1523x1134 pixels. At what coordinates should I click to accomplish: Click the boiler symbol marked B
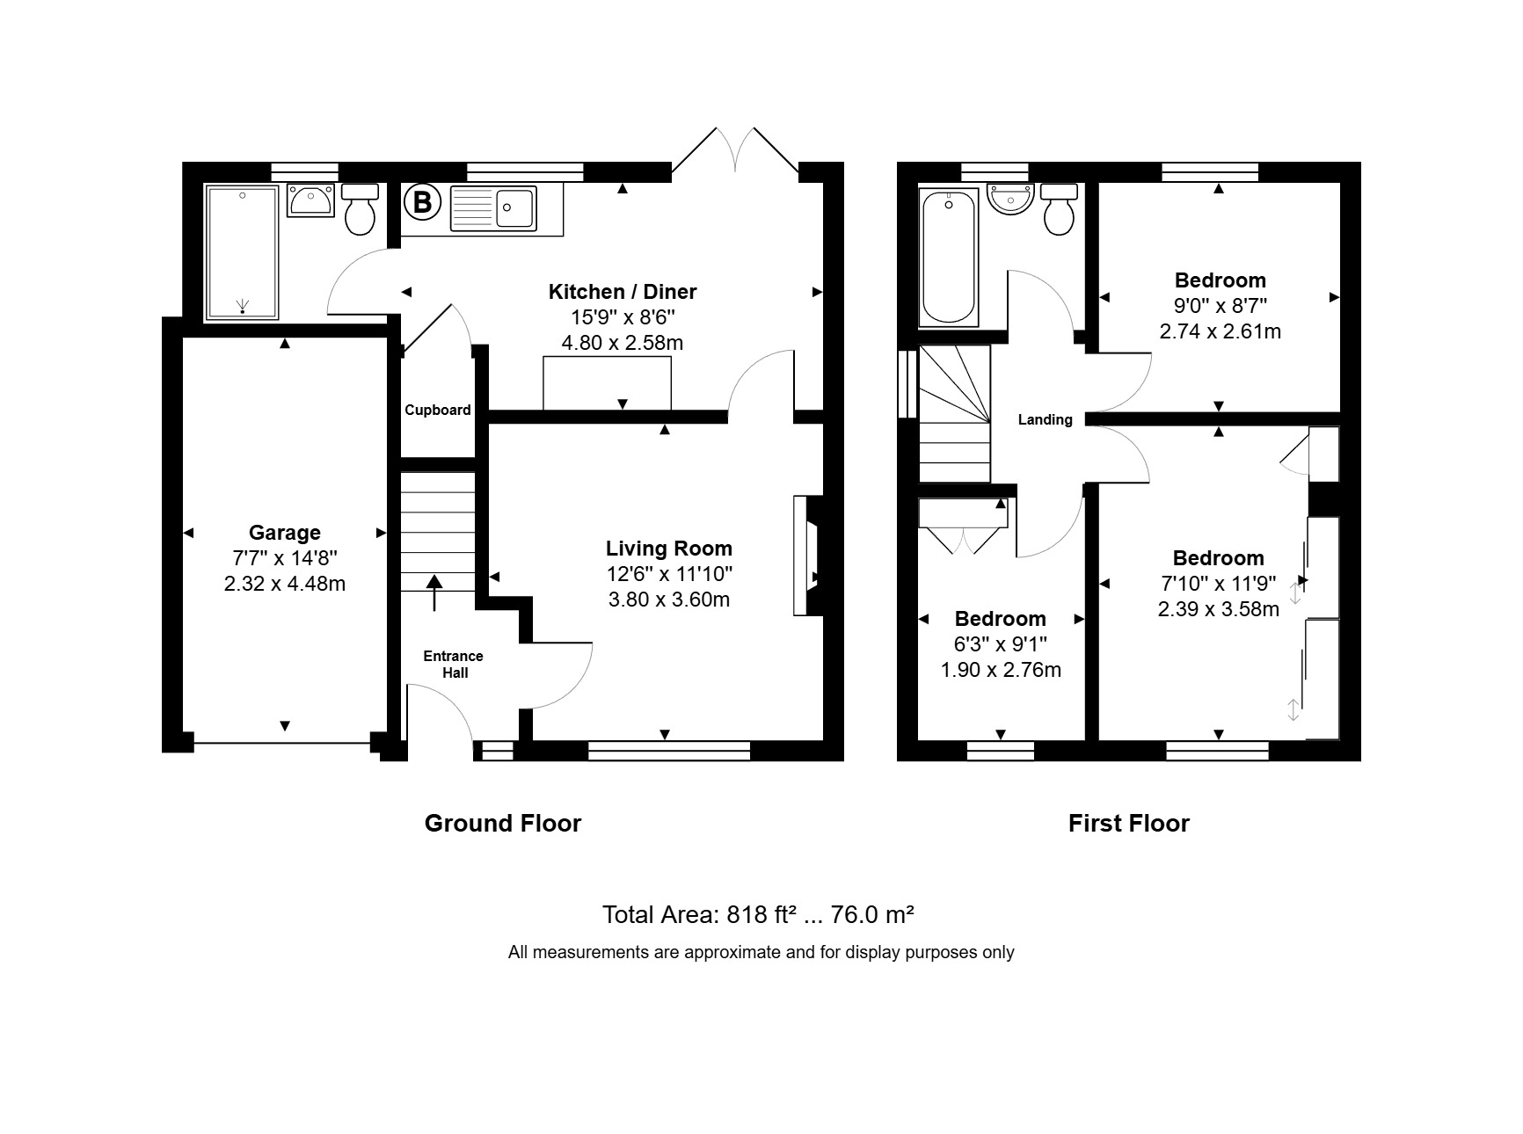(x=422, y=203)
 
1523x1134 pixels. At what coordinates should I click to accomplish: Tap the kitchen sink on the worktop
(x=493, y=208)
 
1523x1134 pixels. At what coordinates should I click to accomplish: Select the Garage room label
(x=284, y=533)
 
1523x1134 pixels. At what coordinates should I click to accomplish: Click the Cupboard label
(x=438, y=410)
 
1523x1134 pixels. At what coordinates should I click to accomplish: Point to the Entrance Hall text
(x=454, y=665)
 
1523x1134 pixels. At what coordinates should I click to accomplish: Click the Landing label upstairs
(x=1046, y=420)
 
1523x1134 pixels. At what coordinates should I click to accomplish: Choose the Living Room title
(x=669, y=549)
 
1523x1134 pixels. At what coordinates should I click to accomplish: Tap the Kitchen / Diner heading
(x=623, y=292)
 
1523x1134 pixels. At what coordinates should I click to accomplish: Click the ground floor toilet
(x=360, y=209)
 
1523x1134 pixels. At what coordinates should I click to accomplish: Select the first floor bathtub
(x=949, y=256)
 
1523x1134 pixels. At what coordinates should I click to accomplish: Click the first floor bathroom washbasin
(x=1011, y=199)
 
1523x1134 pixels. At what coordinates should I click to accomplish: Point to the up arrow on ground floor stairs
(x=434, y=592)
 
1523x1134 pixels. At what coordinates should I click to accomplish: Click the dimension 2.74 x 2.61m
(x=1221, y=332)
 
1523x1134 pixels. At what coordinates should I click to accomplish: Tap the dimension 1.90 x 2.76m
(x=1001, y=671)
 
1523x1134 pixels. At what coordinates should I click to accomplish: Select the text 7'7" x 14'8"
(x=284, y=558)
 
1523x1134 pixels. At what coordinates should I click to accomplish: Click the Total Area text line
(x=758, y=915)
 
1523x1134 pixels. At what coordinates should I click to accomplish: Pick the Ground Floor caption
(x=503, y=824)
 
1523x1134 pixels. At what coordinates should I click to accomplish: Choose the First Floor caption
(x=1129, y=824)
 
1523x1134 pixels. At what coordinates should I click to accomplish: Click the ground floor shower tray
(x=242, y=251)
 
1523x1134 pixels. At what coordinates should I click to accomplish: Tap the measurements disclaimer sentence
(x=761, y=952)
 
